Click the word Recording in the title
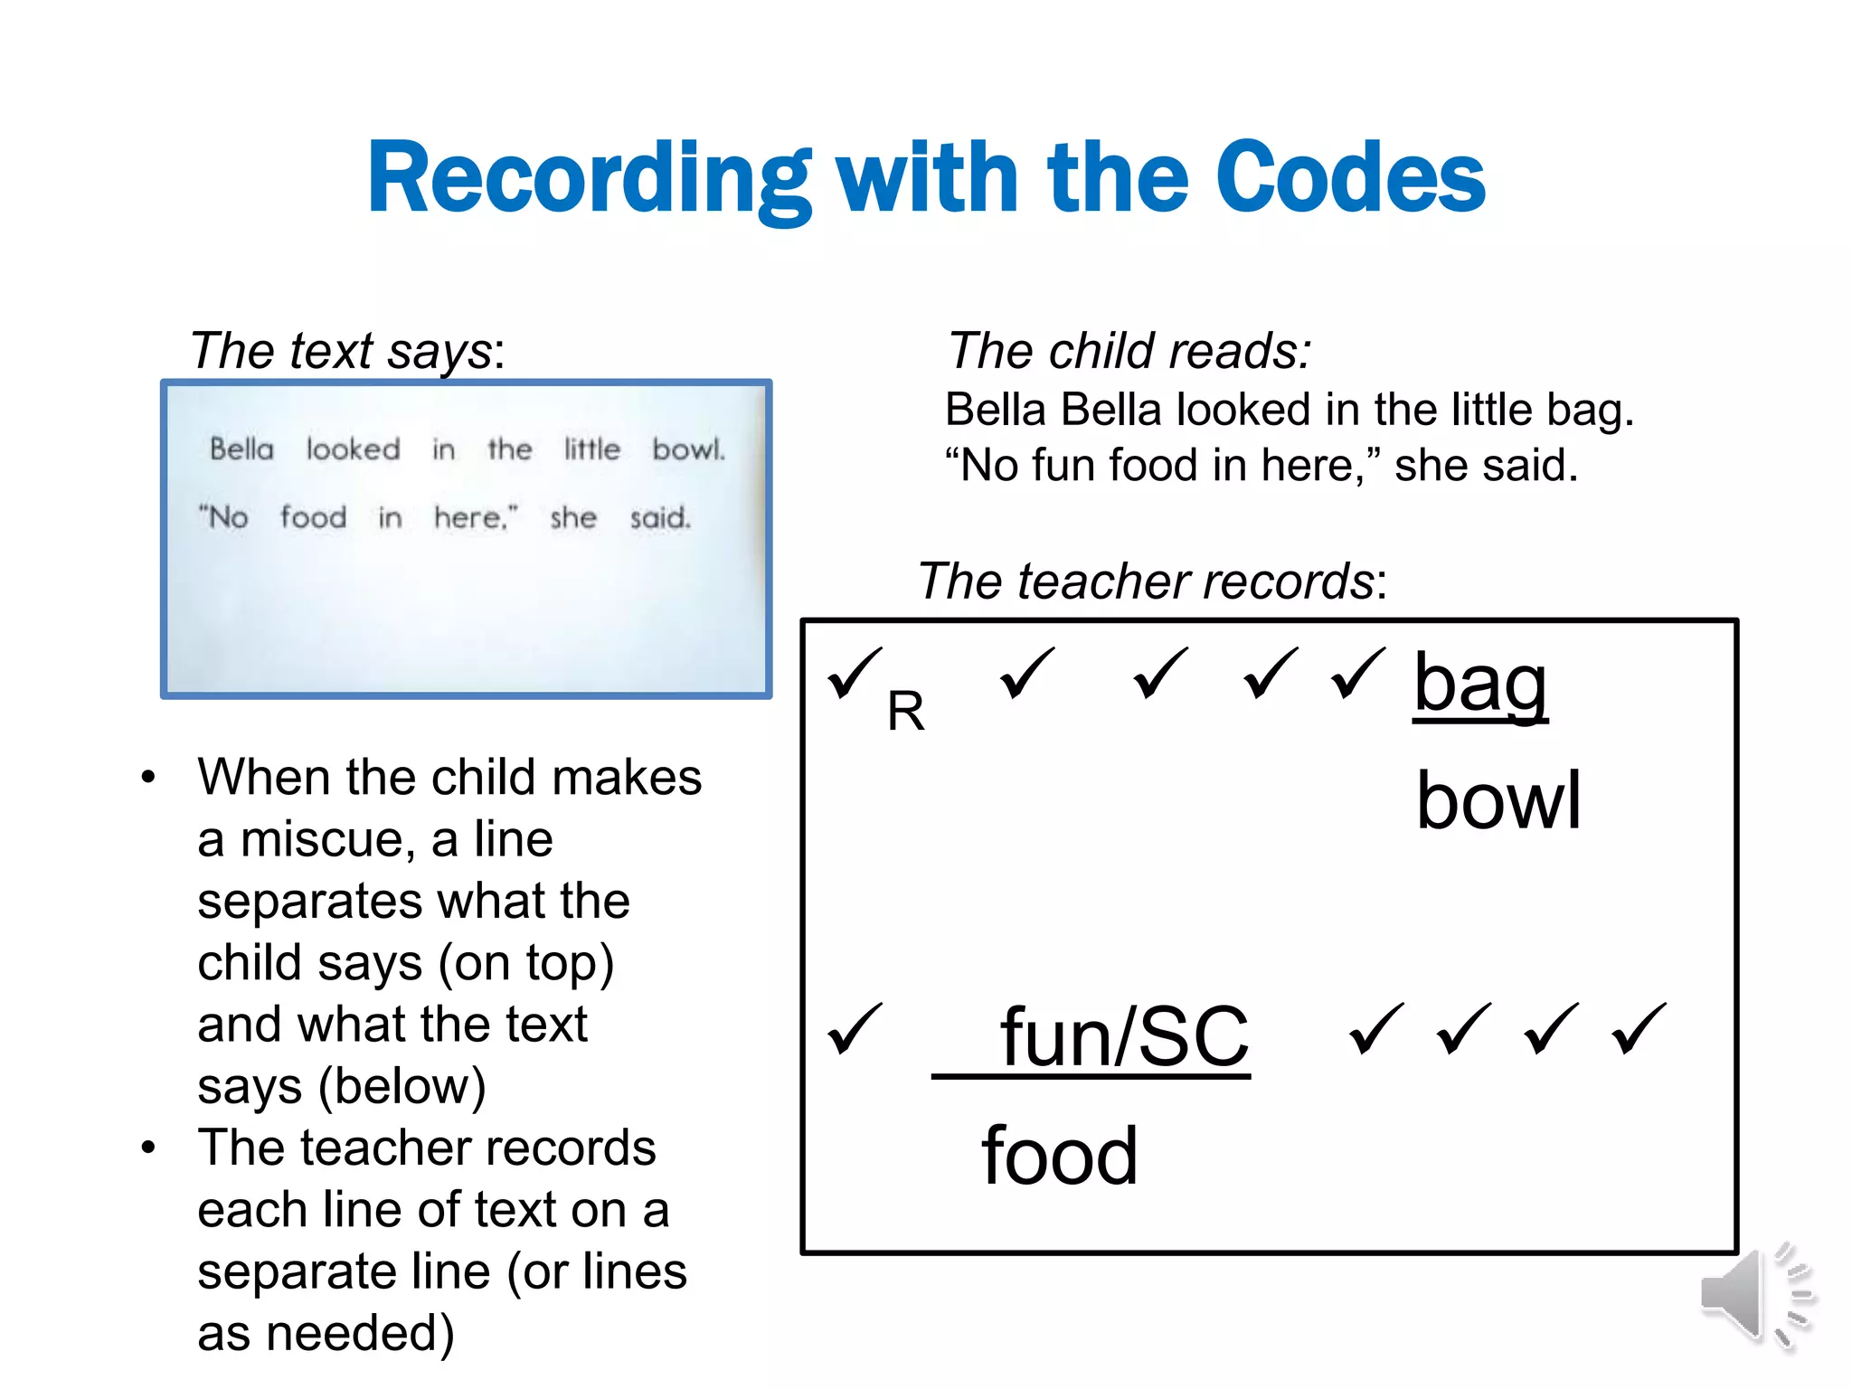coord(589,178)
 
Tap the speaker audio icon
coord(1754,1295)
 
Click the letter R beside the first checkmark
coord(905,712)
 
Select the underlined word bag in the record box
coord(1480,685)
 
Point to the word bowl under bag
coord(1498,800)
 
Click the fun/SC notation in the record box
coord(1123,1038)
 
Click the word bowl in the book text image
coord(688,449)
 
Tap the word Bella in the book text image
coord(241,449)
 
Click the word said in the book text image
coord(659,518)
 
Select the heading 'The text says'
coord(346,351)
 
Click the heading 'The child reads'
coord(1129,351)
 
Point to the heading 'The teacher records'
coord(1151,581)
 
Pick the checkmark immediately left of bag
coord(1357,674)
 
